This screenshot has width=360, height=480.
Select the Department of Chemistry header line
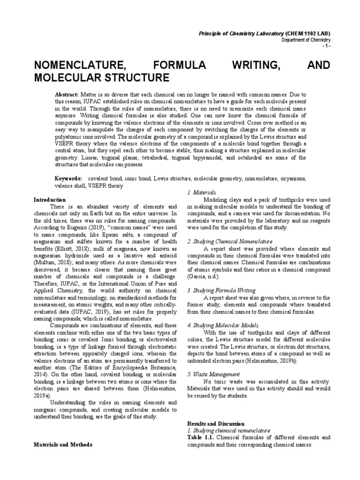point(306,40)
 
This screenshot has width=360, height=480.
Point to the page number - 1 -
point(326,47)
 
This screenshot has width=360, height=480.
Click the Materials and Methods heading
point(63,444)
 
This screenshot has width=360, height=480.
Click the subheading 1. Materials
point(202,193)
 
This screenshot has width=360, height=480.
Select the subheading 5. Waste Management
point(213,374)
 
